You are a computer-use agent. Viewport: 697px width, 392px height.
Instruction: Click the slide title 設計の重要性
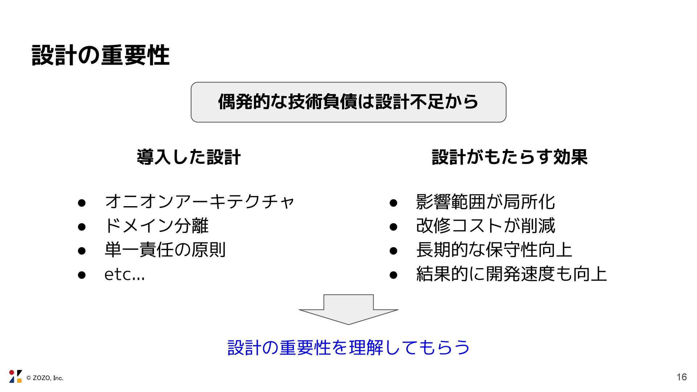pos(101,56)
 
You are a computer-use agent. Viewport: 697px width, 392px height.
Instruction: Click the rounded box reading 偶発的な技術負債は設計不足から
pos(348,102)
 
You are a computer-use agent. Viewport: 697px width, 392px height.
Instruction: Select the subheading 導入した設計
pos(189,157)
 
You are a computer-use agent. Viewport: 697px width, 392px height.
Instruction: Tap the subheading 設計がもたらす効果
pos(509,157)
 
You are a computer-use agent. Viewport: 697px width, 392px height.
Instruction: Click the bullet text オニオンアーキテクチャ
pos(199,202)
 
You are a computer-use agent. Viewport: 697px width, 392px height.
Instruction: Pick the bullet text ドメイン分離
pos(156,226)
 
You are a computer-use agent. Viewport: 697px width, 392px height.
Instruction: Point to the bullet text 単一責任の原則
pos(165,250)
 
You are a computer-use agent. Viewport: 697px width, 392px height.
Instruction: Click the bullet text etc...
pos(124,274)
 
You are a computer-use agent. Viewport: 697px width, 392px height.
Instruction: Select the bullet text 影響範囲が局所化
pos(485,202)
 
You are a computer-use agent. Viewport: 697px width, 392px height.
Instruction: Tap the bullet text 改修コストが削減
pos(485,226)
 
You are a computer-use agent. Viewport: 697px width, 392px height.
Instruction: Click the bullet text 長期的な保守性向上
pos(494,250)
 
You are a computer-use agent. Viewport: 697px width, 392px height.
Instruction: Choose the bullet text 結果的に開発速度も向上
pos(511,274)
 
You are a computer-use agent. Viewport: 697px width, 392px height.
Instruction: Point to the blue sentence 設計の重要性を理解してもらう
pos(348,347)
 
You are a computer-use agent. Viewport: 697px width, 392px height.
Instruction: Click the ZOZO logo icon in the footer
pos(15,376)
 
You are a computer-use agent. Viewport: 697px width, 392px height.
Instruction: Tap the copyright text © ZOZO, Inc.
pos(45,378)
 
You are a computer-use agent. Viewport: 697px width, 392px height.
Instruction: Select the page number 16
pos(681,377)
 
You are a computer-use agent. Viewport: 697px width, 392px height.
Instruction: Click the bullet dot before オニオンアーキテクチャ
pos(82,203)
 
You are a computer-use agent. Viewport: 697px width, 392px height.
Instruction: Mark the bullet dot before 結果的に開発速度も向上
pos(393,275)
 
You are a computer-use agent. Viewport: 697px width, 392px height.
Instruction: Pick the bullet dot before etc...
pos(82,275)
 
